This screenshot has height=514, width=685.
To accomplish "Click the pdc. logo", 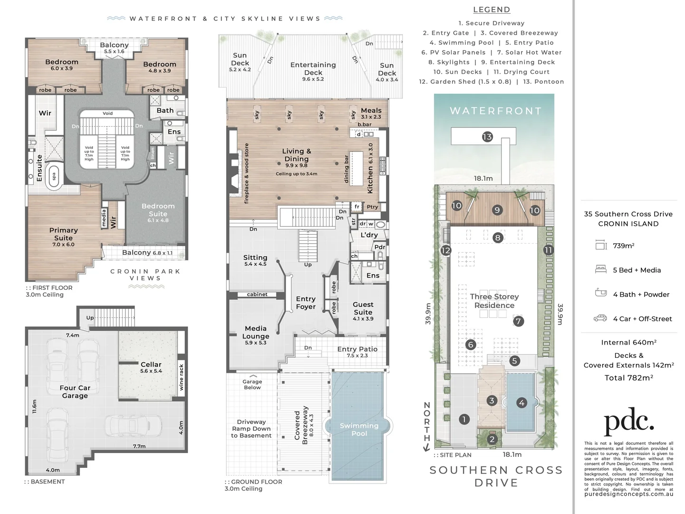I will tap(628, 421).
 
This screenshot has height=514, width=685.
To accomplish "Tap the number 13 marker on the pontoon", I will tap(487, 137).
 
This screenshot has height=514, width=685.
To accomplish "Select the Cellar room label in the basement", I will tap(151, 367).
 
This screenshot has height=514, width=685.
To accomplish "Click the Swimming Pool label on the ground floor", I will tap(359, 429).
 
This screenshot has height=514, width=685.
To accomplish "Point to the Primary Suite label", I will tap(63, 234).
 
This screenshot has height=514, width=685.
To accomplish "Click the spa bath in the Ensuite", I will tap(54, 177).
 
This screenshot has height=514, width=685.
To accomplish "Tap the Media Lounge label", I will tap(256, 332).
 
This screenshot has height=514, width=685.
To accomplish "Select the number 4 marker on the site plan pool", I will tap(521, 403).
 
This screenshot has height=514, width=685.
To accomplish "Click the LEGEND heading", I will tap(492, 10).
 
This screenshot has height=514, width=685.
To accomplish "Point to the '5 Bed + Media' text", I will tap(637, 270).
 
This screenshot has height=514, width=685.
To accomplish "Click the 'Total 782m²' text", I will tap(628, 377).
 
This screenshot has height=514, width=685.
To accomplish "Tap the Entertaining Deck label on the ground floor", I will tap(313, 69).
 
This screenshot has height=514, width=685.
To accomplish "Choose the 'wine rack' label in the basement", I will tap(181, 377).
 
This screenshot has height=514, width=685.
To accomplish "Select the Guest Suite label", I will tap(363, 308).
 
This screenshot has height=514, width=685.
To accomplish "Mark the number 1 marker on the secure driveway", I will tap(464, 419).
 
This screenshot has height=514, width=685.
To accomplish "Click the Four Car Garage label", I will tap(75, 392).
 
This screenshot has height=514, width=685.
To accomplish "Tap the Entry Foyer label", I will tap(306, 303).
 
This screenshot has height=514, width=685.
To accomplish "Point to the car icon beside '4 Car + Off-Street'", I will tap(600, 318).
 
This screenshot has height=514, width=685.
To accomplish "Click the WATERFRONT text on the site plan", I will tap(495, 111).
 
